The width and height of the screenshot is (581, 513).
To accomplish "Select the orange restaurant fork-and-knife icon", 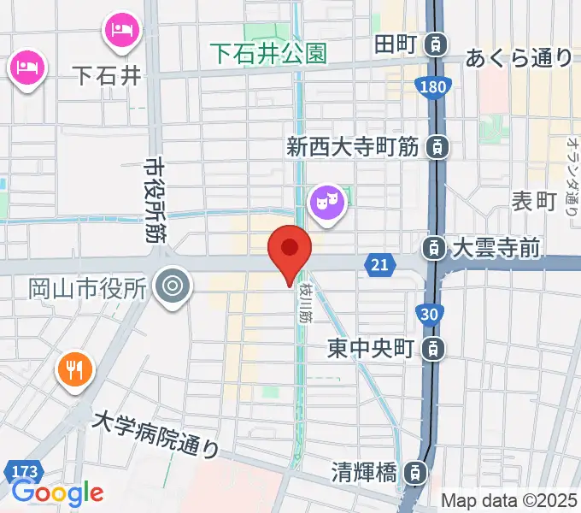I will click(x=74, y=369).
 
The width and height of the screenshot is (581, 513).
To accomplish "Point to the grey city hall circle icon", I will click(x=174, y=284).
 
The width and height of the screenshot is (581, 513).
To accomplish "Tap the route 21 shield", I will click(x=380, y=265).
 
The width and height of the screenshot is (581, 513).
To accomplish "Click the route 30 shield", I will click(x=430, y=315).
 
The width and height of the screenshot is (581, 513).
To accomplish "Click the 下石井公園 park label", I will click(x=269, y=54).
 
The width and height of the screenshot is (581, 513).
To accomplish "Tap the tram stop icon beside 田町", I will click(x=437, y=42).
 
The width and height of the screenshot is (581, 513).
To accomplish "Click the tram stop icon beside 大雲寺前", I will click(x=435, y=249).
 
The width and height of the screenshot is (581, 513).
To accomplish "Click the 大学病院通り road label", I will click(x=156, y=433).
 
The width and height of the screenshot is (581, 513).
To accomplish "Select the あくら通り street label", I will click(x=518, y=58).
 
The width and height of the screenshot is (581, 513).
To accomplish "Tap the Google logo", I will click(x=57, y=492).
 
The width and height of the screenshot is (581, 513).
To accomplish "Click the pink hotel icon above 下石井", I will click(x=119, y=31).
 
